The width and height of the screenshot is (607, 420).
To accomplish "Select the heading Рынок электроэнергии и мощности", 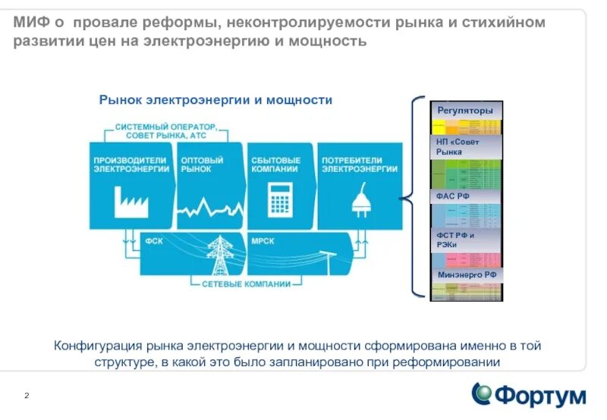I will click(215, 100).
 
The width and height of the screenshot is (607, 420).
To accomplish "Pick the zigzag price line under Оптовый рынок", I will click(206, 206).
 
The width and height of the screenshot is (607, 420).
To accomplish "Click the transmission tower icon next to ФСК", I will click(221, 255).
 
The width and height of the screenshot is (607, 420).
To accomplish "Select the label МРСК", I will click(263, 241).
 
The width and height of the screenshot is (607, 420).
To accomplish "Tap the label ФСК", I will click(153, 241).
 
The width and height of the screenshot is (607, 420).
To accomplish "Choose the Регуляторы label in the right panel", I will click(465, 111).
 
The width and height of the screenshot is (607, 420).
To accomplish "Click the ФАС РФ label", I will click(453, 196).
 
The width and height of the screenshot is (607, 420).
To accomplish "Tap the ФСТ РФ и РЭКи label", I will click(455, 240).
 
